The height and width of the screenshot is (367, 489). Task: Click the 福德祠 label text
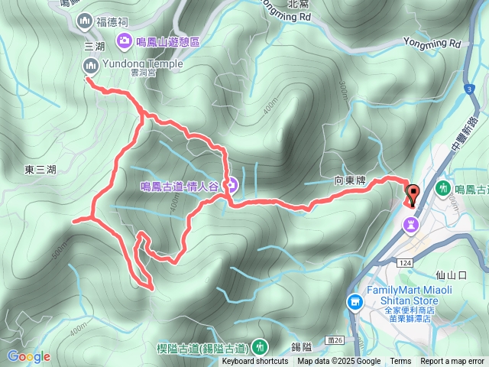point(112,23)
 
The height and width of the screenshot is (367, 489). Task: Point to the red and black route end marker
point(413,196)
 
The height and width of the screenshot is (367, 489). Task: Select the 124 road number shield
point(404,262)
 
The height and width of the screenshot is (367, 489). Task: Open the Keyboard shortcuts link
point(255,362)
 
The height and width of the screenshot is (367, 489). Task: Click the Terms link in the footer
point(400,362)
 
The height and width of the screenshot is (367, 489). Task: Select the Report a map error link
point(452,362)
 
